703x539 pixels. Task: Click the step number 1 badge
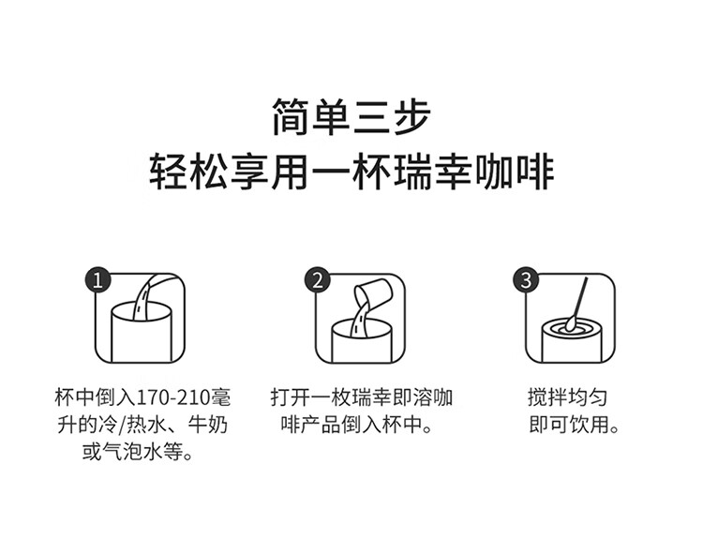[x=97, y=280]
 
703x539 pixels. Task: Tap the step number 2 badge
[x=318, y=280]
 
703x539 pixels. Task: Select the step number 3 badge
[x=526, y=280]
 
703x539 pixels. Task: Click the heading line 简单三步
[x=351, y=116]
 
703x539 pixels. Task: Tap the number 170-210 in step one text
[x=172, y=397]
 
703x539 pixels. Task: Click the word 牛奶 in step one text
[x=207, y=425]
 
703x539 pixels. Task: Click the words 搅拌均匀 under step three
[x=567, y=397]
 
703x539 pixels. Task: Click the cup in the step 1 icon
[x=141, y=332]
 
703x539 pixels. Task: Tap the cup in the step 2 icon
[x=362, y=340]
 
